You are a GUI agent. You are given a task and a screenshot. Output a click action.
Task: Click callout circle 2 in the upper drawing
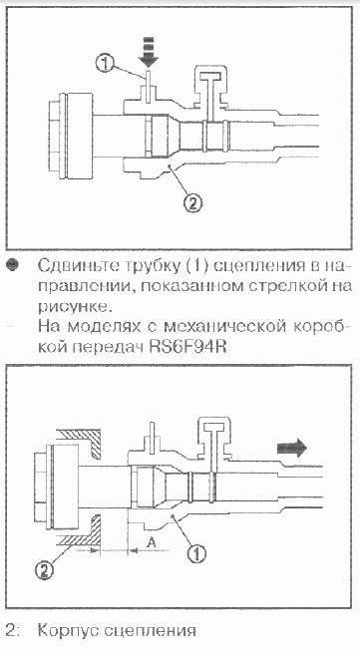click(x=192, y=204)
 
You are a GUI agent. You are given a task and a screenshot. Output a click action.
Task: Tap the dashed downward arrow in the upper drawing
click(x=149, y=52)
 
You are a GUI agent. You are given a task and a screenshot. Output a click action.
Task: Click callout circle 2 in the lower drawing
click(x=45, y=569)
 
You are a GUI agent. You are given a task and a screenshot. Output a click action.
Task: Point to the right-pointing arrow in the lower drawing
click(x=292, y=449)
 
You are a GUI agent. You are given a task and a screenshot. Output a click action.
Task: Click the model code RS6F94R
click(x=188, y=347)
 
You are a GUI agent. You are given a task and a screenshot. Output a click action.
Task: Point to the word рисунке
click(x=76, y=308)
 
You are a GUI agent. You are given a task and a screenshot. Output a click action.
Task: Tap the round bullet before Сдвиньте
click(x=14, y=266)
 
